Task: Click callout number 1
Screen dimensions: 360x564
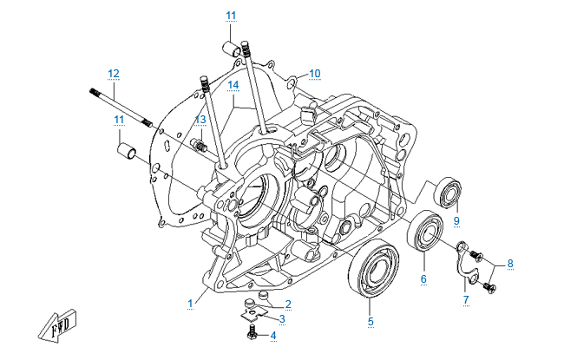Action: point(189,302)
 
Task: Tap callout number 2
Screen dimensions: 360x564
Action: point(287,304)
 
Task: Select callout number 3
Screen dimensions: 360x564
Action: point(281,319)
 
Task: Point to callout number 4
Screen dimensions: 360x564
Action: point(272,335)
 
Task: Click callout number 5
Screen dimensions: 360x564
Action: point(371,322)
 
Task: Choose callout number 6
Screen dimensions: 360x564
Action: point(423,278)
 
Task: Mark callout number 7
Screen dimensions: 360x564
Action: point(465,299)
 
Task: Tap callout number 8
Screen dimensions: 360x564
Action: point(510,263)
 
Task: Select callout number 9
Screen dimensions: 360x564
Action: point(456,219)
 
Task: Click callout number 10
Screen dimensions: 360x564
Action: point(314,73)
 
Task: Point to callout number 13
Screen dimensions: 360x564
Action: point(200,120)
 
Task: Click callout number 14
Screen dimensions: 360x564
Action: point(233,84)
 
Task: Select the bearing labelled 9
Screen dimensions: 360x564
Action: point(449,191)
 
